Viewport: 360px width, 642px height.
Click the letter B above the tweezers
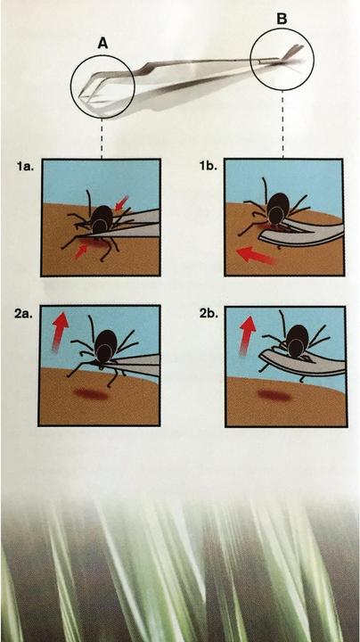[282, 20]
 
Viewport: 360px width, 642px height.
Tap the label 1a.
[23, 168]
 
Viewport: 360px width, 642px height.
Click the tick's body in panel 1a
[102, 220]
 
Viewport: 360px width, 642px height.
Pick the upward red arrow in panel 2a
[60, 331]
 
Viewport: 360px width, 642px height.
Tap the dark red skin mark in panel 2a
[91, 395]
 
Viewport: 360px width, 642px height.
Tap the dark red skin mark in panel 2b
[274, 396]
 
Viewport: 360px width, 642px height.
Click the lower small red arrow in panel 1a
[81, 251]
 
